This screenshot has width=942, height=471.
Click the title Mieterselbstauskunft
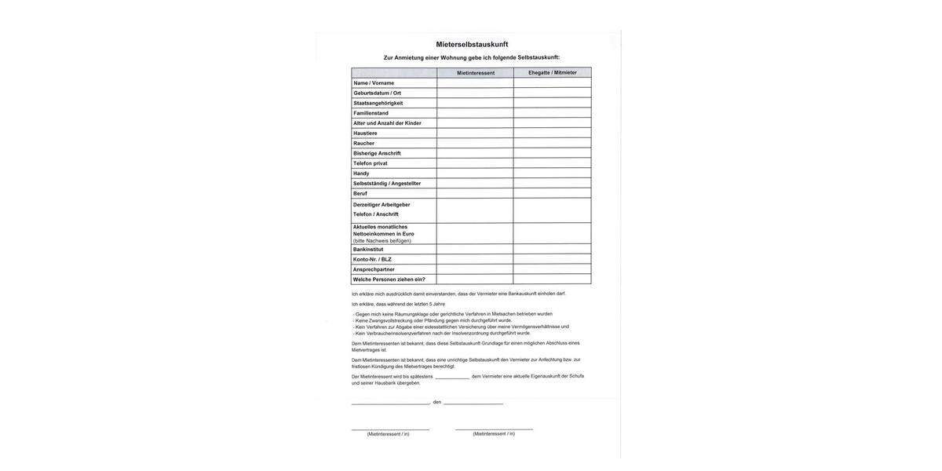point(472,45)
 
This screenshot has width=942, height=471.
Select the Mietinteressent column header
point(476,73)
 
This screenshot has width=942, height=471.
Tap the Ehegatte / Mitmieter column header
point(552,72)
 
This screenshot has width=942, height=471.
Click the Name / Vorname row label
point(374,83)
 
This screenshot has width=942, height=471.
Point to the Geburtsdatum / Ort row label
point(377,93)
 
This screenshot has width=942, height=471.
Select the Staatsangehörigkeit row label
point(378,103)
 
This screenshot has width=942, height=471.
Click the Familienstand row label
point(371,113)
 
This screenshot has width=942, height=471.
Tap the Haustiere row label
point(365,133)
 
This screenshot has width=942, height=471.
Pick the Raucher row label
point(363,144)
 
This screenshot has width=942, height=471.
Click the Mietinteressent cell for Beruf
point(475,193)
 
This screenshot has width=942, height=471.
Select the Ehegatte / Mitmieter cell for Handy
point(552,173)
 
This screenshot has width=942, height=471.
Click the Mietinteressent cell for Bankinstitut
point(475,250)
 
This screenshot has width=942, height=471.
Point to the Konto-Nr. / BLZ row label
point(372,259)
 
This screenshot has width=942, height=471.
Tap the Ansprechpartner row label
point(374,269)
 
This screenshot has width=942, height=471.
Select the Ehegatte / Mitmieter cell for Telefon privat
point(552,163)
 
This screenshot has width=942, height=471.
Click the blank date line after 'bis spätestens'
point(452,378)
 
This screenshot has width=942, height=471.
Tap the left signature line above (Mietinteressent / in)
point(390,429)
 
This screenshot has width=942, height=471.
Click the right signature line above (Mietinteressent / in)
point(494,429)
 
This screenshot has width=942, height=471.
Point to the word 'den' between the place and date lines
point(437,402)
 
